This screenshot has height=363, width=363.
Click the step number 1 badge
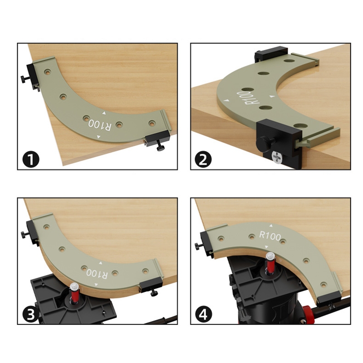tap(31, 159)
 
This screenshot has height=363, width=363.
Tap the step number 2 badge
tap(203, 159)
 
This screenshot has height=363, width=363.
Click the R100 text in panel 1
tap(100, 126)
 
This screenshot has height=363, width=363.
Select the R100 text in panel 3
tap(97, 274)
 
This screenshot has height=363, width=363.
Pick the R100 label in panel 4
tap(270, 236)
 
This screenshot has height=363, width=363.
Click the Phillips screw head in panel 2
tap(277, 157)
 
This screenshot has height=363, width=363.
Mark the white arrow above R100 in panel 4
tap(271, 226)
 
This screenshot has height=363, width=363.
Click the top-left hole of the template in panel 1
tap(48, 72)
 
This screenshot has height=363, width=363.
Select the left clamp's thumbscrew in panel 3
tap(25, 234)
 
